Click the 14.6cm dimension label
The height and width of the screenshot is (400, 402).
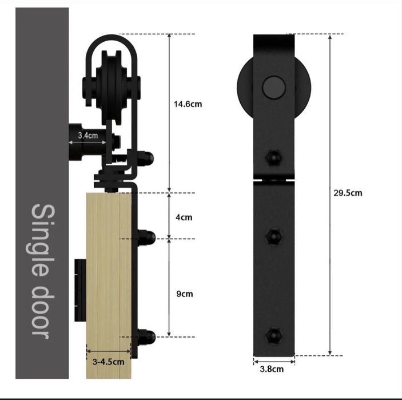point(188,104)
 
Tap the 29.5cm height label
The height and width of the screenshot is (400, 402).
point(348,193)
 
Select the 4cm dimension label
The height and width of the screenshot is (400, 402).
point(184,217)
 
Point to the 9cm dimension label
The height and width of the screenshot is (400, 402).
point(185,294)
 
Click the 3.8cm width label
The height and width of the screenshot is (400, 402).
point(272,369)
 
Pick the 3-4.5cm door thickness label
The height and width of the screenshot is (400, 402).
point(108,362)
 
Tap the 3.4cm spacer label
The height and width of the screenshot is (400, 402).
point(88,135)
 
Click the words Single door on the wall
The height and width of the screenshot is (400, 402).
point(43,271)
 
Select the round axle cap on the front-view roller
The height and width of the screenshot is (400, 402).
point(274,87)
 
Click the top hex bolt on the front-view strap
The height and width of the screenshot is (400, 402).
point(273,157)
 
